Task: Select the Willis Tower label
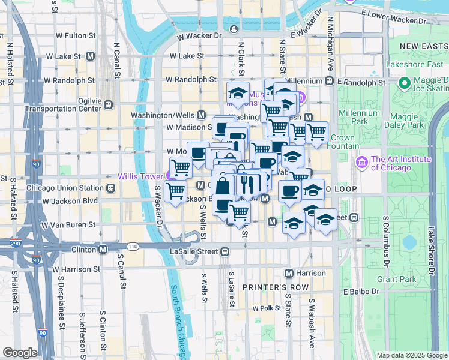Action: [142, 176]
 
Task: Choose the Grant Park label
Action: [396, 279]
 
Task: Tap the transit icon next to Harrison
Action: [289, 273]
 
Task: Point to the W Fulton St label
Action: [74, 36]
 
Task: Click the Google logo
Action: [20, 353]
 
